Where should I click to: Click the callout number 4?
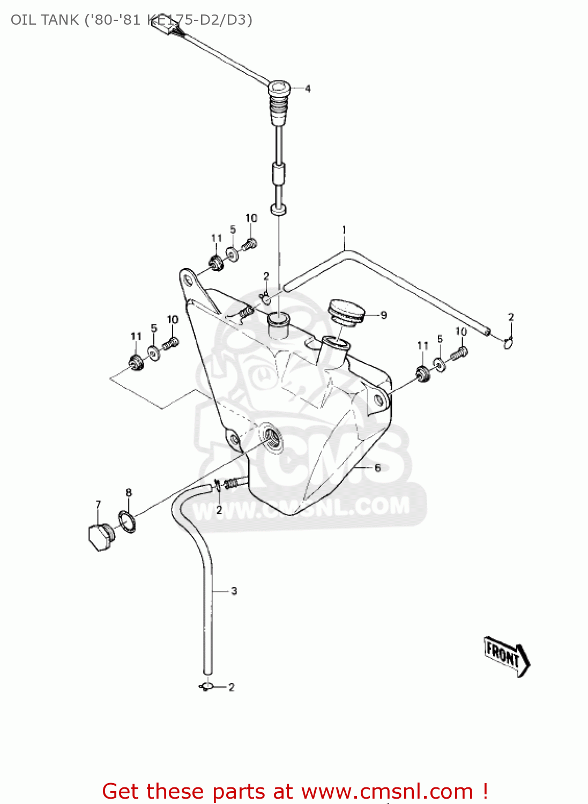click(308, 88)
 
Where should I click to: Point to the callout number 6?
click(377, 468)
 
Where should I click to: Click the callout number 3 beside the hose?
click(234, 591)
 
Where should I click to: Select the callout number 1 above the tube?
click(344, 230)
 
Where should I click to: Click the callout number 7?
click(98, 504)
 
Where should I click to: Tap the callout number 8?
click(129, 492)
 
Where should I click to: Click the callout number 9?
click(383, 315)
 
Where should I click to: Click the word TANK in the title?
click(59, 20)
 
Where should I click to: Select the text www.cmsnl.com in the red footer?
click(387, 791)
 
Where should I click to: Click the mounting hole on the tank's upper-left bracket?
click(188, 280)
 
